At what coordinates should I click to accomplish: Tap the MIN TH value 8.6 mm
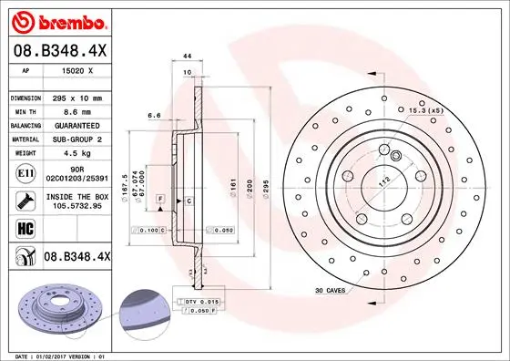(x=76, y=111)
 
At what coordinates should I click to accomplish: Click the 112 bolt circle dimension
(x=382, y=180)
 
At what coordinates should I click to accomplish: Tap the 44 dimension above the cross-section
(x=187, y=57)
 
